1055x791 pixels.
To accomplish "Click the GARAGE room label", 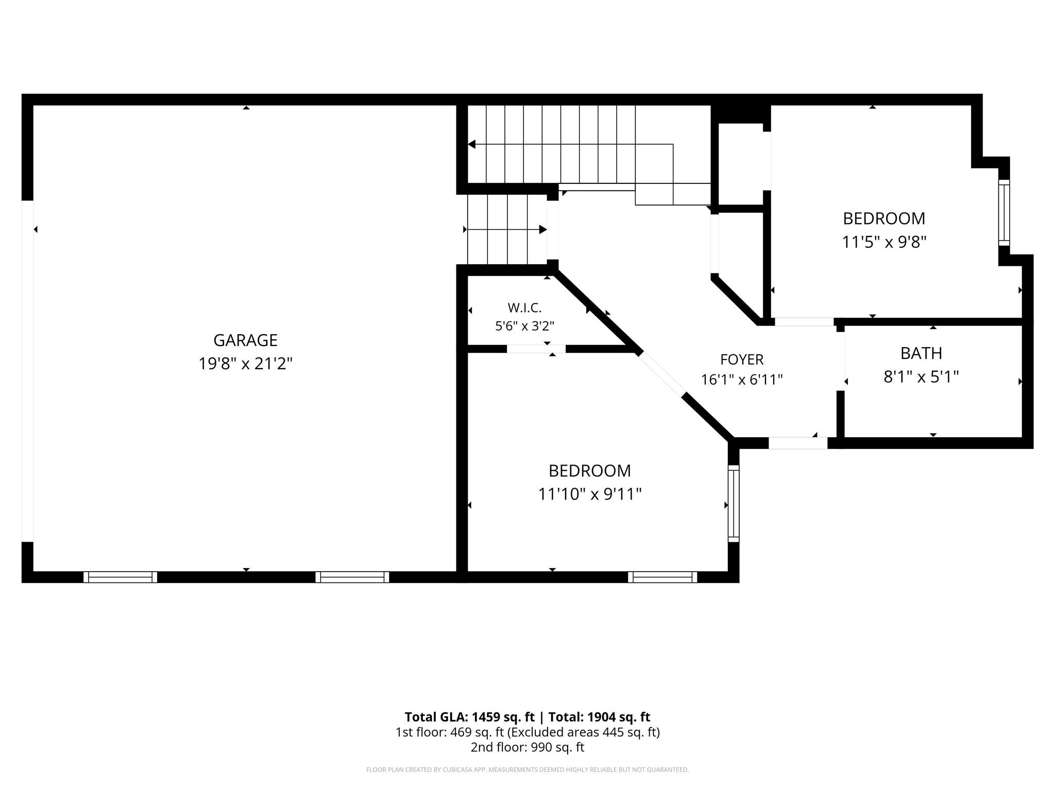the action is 245,340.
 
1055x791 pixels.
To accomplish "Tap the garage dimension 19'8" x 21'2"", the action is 246,364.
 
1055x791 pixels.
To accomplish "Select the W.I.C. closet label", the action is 524,308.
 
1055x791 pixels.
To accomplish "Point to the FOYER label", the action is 742,359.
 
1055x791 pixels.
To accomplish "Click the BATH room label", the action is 921,353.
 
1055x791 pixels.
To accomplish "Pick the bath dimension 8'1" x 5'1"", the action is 921,377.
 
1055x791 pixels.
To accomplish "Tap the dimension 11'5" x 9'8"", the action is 884,242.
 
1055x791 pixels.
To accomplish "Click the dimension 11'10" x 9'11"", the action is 590,494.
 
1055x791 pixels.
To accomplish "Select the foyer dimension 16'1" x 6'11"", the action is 742,380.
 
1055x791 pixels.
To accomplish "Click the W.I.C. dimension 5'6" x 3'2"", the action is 524,326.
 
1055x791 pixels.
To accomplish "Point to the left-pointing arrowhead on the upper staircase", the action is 471,144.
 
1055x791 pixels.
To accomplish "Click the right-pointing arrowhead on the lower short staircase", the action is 543,229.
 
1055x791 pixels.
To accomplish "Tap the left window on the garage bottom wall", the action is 120,577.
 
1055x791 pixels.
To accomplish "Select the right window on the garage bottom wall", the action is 352,577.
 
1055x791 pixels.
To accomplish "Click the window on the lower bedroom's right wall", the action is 734,504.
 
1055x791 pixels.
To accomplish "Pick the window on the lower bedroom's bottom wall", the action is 662,577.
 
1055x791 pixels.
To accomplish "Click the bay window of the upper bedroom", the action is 1004,212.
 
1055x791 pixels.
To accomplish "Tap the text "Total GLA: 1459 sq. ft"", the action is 470,717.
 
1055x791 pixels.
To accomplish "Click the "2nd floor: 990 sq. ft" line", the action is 527,747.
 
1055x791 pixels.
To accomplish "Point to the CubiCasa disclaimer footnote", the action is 527,770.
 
